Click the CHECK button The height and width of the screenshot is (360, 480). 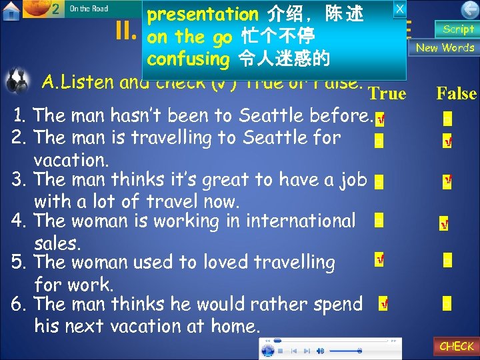point(457,346)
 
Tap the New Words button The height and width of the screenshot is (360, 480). point(445,47)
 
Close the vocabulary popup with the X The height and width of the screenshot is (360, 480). point(399,9)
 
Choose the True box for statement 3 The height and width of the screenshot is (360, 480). point(379,183)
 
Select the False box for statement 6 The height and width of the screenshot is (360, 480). point(447,303)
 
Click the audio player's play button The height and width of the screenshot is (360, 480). point(268,350)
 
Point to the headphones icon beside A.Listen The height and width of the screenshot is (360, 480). point(16,83)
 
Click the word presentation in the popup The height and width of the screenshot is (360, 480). point(203,15)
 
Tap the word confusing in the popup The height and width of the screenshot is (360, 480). point(187,59)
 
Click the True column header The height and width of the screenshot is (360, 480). point(387,94)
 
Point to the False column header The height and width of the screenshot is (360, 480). point(456,93)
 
